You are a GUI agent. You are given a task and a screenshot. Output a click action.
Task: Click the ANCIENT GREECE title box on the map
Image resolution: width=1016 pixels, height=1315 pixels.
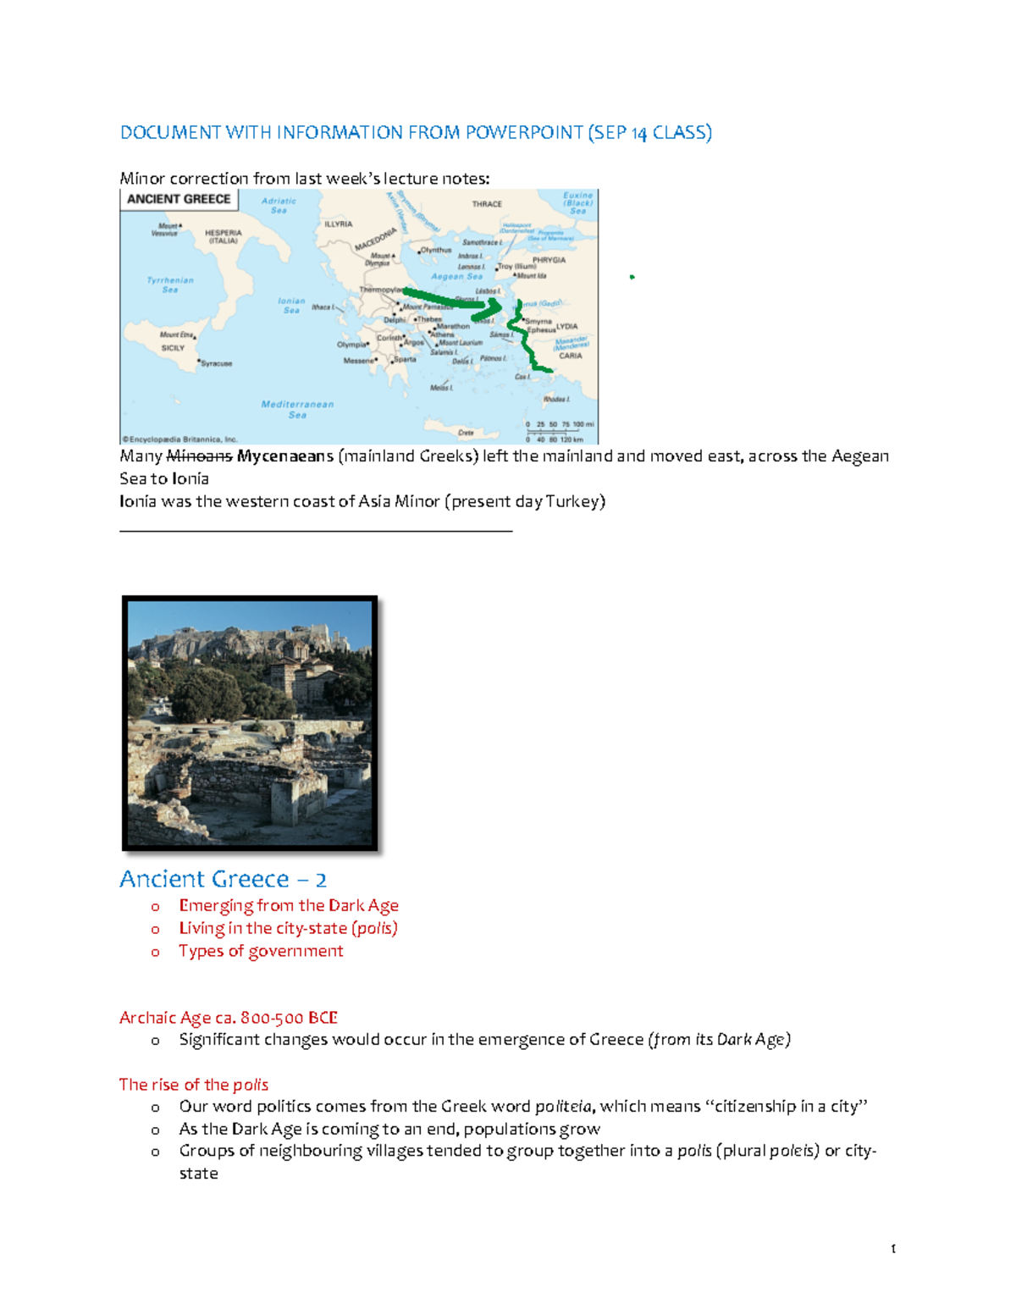pyautogui.click(x=179, y=199)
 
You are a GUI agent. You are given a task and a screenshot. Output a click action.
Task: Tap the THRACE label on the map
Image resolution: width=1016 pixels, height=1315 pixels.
pyautogui.click(x=487, y=204)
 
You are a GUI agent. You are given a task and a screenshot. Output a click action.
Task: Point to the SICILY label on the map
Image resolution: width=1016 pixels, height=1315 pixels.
pyautogui.click(x=173, y=348)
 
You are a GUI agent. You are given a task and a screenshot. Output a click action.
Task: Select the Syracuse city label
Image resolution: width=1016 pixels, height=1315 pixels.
pyautogui.click(x=216, y=363)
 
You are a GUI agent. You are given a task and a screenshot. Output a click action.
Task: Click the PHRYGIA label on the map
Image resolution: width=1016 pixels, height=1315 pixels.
pyautogui.click(x=549, y=260)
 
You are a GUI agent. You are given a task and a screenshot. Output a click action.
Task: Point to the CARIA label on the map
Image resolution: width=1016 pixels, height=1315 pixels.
pyautogui.click(x=570, y=356)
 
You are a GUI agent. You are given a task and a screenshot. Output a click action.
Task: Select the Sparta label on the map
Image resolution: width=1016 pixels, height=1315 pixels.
pyautogui.click(x=405, y=359)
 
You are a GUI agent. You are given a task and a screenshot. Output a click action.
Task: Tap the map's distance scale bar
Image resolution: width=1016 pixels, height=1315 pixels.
pyautogui.click(x=559, y=431)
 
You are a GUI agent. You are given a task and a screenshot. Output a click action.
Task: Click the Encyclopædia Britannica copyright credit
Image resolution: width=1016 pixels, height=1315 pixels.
pyautogui.click(x=179, y=439)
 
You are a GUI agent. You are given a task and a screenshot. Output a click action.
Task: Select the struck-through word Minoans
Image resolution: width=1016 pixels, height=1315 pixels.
pyautogui.click(x=199, y=456)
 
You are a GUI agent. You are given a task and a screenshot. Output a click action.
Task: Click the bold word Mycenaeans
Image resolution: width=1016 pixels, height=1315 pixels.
pyautogui.click(x=285, y=456)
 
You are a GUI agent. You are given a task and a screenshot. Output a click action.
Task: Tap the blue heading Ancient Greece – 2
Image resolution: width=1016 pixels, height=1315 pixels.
pyautogui.click(x=223, y=879)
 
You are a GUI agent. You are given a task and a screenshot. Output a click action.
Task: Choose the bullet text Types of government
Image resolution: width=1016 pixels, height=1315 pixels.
pyautogui.click(x=261, y=951)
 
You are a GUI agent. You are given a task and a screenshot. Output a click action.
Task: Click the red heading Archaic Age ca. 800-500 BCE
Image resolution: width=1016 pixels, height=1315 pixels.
pyautogui.click(x=229, y=1017)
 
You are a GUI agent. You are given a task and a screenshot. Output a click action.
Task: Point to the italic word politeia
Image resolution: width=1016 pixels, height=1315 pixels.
pyautogui.click(x=563, y=1107)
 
